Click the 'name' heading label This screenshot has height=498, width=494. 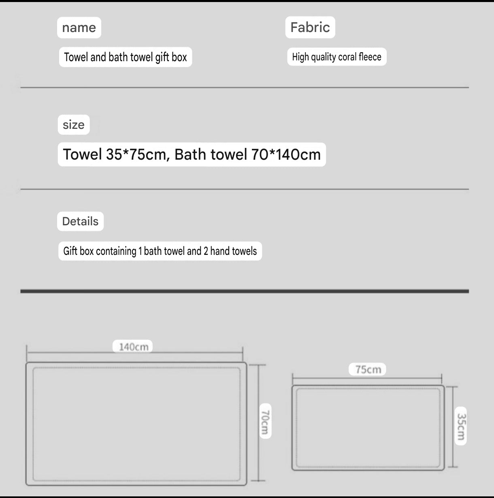pyautogui.click(x=79, y=28)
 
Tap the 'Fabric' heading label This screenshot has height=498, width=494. pyautogui.click(x=310, y=27)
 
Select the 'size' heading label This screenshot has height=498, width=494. pyautogui.click(x=74, y=125)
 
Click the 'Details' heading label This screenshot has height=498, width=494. pyautogui.click(x=80, y=221)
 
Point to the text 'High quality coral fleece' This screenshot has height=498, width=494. pyautogui.click(x=336, y=57)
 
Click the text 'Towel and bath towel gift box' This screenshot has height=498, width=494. pyautogui.click(x=125, y=57)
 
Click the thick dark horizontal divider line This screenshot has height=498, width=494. pyautogui.click(x=245, y=291)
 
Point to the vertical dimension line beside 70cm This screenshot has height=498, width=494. pyautogui.click(x=258, y=423)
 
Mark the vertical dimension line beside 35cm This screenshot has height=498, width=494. pyautogui.click(x=453, y=427)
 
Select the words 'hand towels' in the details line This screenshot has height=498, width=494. pyautogui.click(x=234, y=251)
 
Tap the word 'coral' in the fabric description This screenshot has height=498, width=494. pyautogui.click(x=347, y=57)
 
